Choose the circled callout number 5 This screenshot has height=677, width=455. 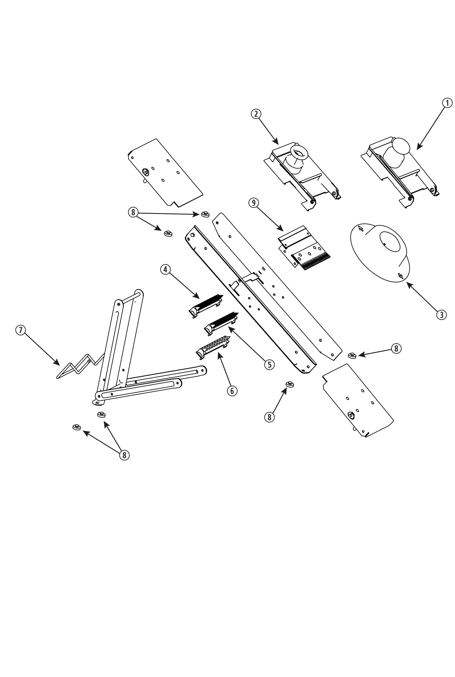pos(270,365)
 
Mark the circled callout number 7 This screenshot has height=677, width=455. pos(21,330)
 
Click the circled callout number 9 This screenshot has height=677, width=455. pos(254,203)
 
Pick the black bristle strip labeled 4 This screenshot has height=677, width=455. pos(209,302)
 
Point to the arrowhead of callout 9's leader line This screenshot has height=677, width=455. pos(282,230)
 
